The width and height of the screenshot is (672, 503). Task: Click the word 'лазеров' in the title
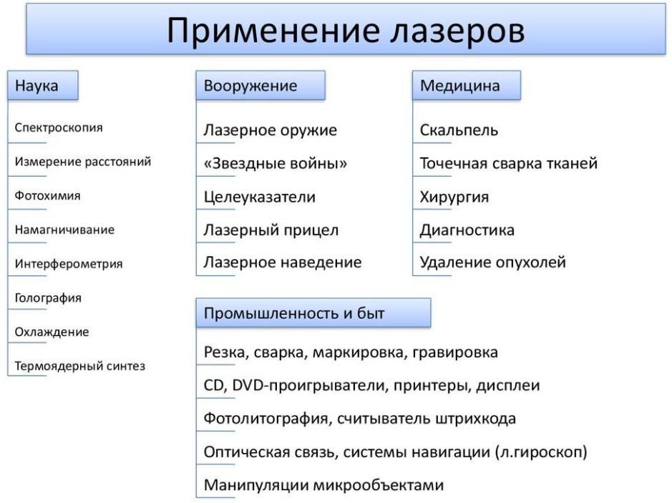457,31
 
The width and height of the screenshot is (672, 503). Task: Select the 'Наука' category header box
43,85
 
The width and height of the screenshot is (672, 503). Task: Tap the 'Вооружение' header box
260,85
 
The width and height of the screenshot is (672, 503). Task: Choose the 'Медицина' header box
467,85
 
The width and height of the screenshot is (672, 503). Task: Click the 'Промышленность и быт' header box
313,313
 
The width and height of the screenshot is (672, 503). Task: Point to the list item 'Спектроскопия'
59,127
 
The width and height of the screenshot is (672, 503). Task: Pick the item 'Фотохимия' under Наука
47,196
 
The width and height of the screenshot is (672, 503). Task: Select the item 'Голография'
48,298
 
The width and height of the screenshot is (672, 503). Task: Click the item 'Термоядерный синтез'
80,366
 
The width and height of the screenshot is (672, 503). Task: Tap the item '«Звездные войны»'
275,163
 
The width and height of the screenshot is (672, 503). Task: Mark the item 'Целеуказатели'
260,197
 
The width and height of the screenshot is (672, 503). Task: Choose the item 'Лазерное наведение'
283,262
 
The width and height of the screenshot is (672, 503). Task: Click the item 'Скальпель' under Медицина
459,130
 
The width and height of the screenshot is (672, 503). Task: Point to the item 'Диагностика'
467,230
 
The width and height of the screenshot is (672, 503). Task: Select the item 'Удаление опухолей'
493,262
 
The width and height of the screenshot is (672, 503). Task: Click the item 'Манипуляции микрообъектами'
323,485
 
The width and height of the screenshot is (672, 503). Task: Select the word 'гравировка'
455,353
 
